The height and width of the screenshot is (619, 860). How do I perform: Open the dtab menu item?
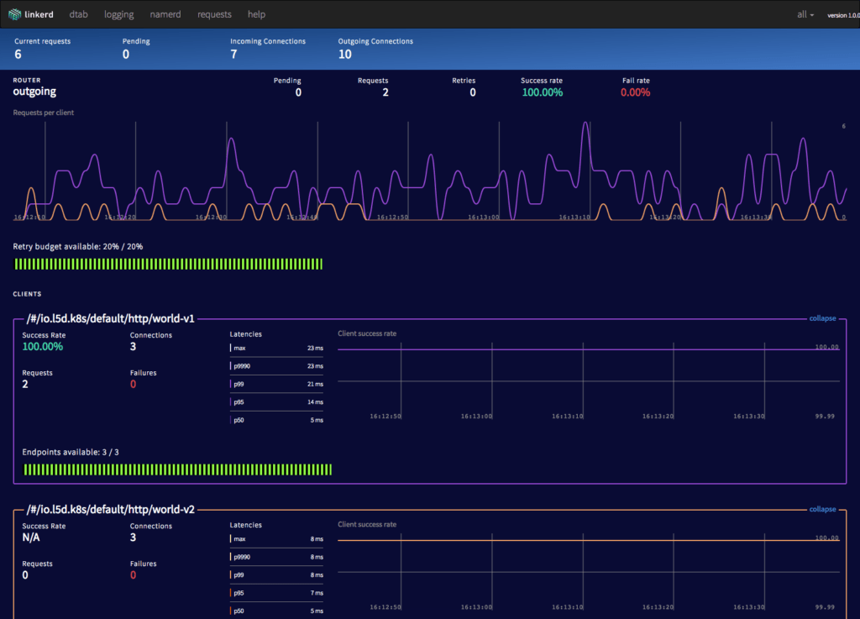click(x=79, y=14)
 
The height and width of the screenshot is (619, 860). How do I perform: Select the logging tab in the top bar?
click(x=118, y=14)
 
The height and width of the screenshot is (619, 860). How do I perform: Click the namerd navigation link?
click(x=166, y=14)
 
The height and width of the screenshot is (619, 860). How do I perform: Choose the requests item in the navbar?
click(x=214, y=14)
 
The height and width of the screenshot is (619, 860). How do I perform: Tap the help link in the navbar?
click(x=256, y=14)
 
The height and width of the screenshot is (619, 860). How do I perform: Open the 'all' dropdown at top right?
click(x=805, y=14)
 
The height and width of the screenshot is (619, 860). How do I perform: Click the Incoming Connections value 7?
click(x=233, y=55)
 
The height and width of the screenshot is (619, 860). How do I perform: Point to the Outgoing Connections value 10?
click(x=344, y=55)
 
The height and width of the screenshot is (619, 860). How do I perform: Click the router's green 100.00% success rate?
click(x=542, y=92)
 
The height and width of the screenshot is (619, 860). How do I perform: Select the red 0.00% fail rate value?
click(x=635, y=92)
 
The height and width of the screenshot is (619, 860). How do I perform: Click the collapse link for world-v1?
click(x=822, y=318)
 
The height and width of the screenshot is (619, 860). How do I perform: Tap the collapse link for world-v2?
click(x=822, y=509)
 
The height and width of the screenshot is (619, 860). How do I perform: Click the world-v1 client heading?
click(x=111, y=319)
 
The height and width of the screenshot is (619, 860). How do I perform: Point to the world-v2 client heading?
click(x=111, y=510)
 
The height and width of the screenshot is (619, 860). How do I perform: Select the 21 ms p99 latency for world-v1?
click(x=315, y=384)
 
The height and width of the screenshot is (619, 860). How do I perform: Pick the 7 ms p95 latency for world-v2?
click(x=317, y=593)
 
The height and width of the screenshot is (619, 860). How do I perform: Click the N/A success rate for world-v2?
click(x=32, y=538)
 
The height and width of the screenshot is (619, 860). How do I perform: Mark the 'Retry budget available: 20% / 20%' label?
click(x=78, y=247)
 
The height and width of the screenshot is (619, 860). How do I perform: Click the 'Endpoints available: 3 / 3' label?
click(x=71, y=452)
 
